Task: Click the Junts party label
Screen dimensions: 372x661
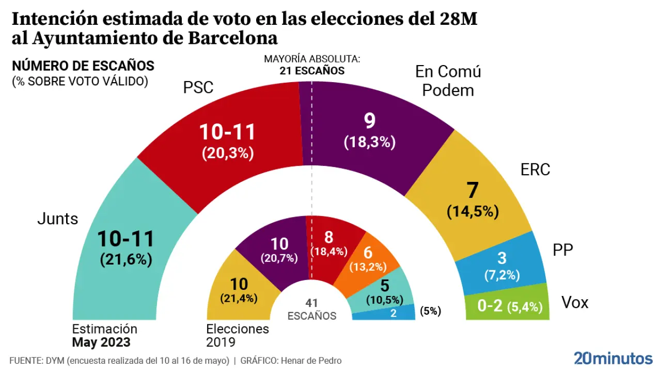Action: [x=58, y=219]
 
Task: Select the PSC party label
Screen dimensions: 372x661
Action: [x=198, y=87]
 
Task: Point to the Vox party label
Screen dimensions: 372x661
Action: [x=575, y=302]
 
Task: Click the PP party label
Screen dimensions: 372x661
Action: [x=563, y=251]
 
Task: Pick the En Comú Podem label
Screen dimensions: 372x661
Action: [x=448, y=81]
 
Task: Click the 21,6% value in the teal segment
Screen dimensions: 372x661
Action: [x=126, y=260]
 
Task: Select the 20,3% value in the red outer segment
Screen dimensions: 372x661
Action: [x=228, y=153]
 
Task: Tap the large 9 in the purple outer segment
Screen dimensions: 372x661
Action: [x=369, y=121]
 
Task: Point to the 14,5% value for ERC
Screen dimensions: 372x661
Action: [x=473, y=211]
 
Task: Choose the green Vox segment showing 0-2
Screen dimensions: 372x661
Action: [x=506, y=306]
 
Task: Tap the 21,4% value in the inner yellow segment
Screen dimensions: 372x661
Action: [x=239, y=298]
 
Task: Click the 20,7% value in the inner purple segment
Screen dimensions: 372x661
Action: [x=279, y=258]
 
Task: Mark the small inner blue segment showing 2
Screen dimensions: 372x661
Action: [x=394, y=313]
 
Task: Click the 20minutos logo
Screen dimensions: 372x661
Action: [x=613, y=358]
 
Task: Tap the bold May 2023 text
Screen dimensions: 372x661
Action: [x=101, y=342]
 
